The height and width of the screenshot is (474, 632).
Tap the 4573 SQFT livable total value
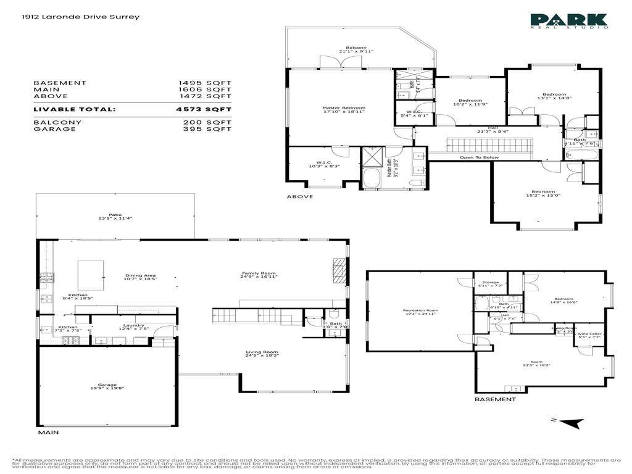click(x=203, y=109)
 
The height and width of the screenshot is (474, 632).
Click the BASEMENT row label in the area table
click(x=60, y=83)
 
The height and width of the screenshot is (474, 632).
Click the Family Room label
click(x=259, y=275)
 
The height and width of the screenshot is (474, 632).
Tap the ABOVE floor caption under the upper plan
click(x=299, y=196)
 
